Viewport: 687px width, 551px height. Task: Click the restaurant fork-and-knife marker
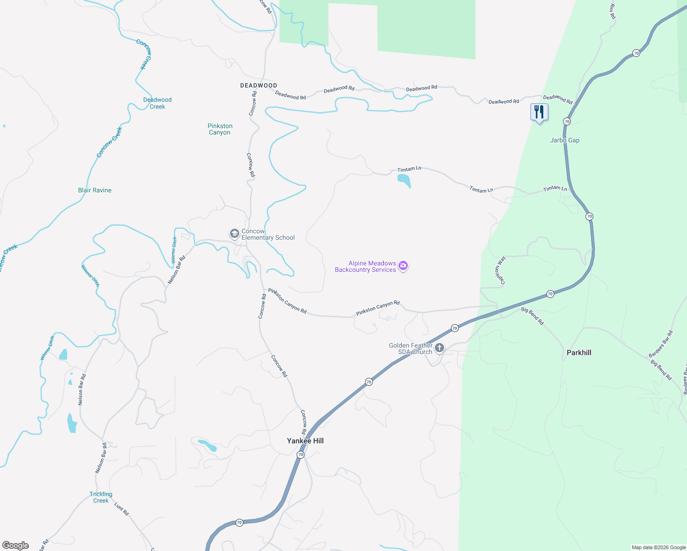539,112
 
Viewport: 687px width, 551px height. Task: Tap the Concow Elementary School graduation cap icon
234,234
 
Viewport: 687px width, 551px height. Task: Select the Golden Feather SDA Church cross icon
439,348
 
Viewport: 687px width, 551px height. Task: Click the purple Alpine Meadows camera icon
403,266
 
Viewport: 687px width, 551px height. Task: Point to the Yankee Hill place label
305,441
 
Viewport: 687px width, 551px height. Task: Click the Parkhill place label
579,353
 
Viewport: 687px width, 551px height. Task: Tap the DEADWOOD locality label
259,85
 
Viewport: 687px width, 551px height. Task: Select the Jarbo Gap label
565,141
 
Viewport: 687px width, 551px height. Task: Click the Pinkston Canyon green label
220,129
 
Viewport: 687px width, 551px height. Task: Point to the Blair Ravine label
95,190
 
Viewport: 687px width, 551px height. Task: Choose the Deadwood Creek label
157,103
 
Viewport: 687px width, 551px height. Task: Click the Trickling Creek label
101,497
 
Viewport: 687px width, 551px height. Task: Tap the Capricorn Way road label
500,270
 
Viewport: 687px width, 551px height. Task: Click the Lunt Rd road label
122,509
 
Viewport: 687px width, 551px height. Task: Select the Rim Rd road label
612,11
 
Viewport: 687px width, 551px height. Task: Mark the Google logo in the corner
16,545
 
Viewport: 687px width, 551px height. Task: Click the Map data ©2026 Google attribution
659,547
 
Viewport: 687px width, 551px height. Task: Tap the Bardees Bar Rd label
660,344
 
